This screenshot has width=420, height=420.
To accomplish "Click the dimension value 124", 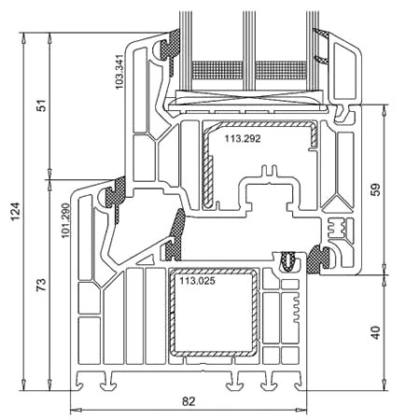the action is [x=16, y=212].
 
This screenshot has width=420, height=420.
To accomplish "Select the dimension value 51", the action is [x=41, y=105].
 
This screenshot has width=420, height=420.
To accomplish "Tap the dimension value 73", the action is [x=41, y=285].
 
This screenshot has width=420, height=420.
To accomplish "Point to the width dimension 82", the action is [x=189, y=401].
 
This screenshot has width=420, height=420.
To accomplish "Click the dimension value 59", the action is [x=376, y=189].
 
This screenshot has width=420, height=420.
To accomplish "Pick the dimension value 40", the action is [x=376, y=332].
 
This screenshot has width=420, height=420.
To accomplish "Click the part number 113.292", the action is [x=243, y=138].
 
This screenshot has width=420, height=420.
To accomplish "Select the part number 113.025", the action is [x=197, y=281].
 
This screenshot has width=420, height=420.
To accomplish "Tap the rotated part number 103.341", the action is [x=119, y=72].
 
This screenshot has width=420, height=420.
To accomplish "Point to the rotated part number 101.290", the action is [x=65, y=220].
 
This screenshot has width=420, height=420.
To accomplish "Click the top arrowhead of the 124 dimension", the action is [x=22, y=38].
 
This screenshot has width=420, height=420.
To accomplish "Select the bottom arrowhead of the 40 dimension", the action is [x=385, y=385].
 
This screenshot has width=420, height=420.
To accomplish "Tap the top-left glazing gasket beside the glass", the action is [x=170, y=49].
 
